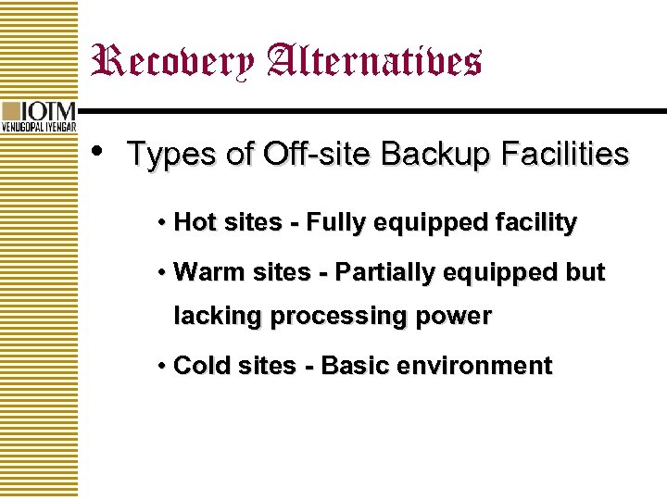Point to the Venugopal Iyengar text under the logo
39,127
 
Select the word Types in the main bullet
172,155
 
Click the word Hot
195,222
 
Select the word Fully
334,223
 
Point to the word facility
536,223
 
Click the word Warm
203,272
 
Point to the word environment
474,366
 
